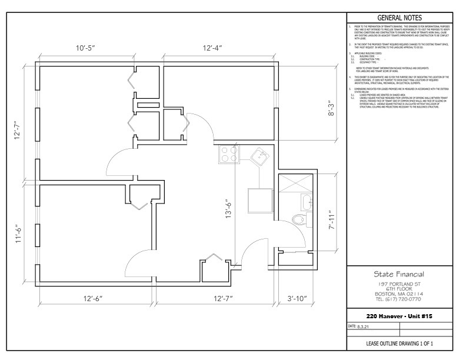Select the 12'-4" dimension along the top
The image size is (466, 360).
pyautogui.click(x=212, y=47)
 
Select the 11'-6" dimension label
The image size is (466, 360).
pyautogui.click(x=19, y=235)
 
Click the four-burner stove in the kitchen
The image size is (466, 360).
pyautogui.click(x=228, y=155)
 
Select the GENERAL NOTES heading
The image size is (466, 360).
pyautogui.click(x=399, y=18)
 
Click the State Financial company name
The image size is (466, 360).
pyautogui.click(x=399, y=274)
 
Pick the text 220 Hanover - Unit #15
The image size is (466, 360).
pyautogui.click(x=399, y=316)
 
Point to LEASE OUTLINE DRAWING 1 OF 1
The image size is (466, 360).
pyautogui.click(x=399, y=343)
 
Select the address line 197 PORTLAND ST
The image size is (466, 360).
pyautogui.click(x=399, y=284)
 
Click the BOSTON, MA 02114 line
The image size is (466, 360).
pyautogui.click(x=399, y=294)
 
